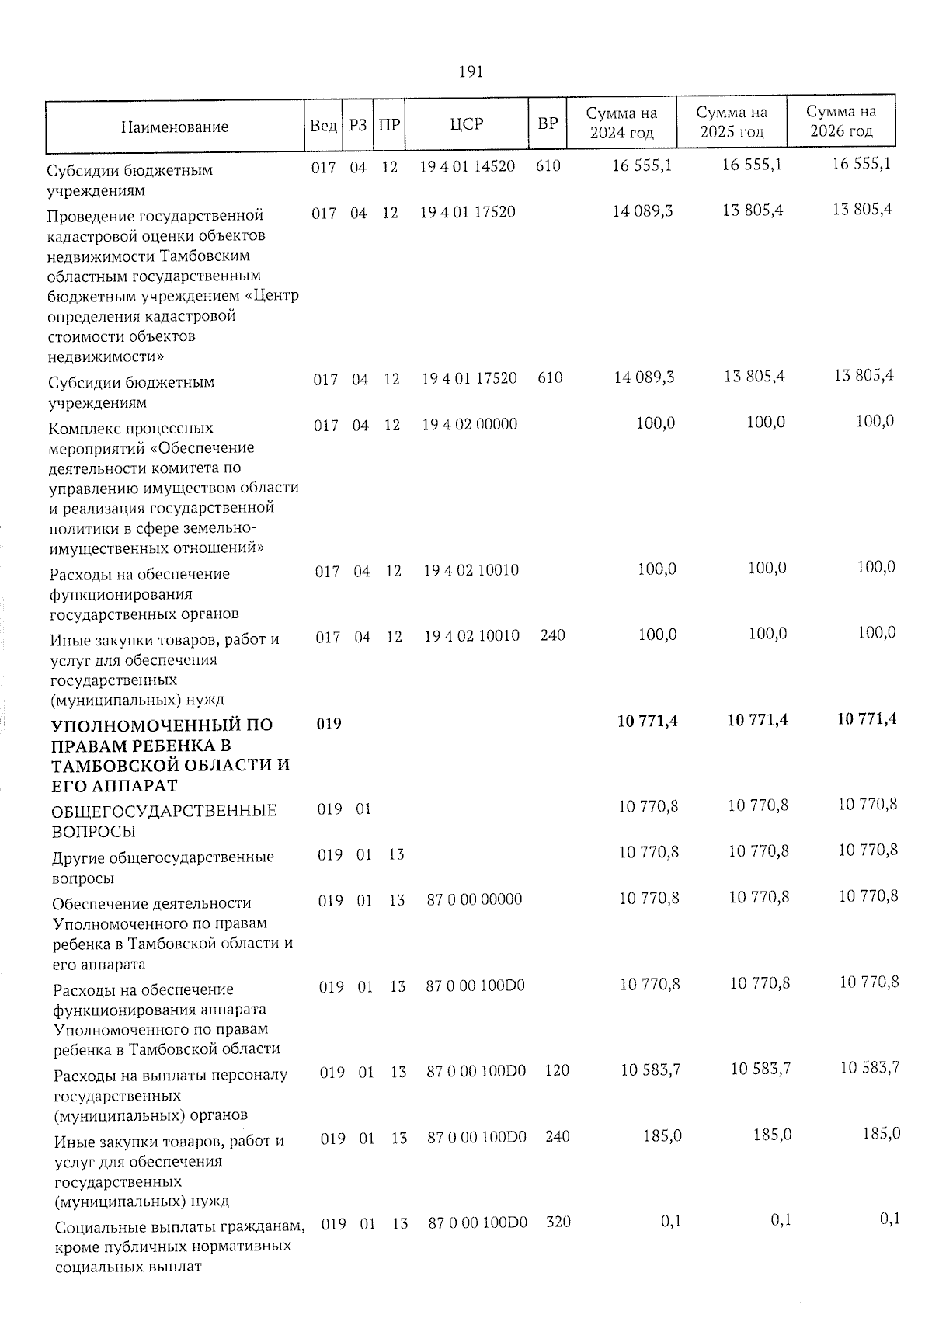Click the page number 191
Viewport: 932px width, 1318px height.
[x=471, y=72]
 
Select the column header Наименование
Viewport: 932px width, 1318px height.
[x=175, y=127]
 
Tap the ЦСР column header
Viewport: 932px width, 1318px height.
[x=467, y=124]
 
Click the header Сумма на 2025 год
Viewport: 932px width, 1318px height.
[x=732, y=123]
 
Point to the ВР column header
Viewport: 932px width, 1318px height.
[x=548, y=123]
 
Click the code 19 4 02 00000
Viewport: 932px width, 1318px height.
[x=469, y=424]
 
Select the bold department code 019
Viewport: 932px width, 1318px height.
[x=329, y=723]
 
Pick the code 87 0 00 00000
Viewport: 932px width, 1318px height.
[x=475, y=899]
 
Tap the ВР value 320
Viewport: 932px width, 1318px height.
[x=558, y=1222]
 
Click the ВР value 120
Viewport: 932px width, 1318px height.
[x=557, y=1070]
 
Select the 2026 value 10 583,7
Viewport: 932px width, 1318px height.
[x=870, y=1068]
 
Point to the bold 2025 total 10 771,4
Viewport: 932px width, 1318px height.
[x=757, y=721]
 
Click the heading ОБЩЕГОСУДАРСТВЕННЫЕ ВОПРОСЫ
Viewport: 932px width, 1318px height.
[x=164, y=821]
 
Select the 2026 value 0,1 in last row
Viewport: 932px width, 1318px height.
[x=890, y=1219]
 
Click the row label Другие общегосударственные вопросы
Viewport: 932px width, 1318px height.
[x=162, y=867]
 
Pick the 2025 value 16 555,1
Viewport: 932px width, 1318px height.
[x=753, y=165]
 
